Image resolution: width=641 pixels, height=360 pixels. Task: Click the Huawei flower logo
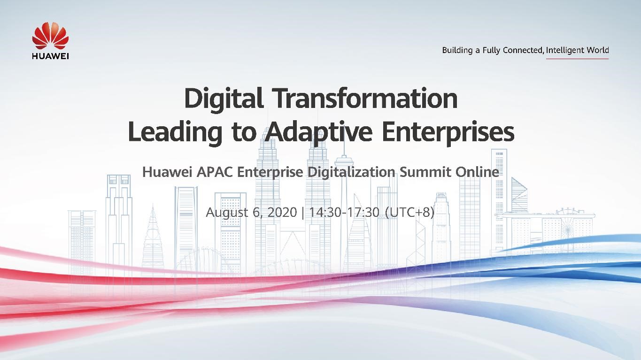pos(50,37)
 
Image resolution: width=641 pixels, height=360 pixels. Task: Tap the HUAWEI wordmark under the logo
pos(50,56)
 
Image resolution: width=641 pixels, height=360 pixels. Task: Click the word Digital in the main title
pos(223,99)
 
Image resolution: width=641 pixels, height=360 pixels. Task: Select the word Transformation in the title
pos(365,99)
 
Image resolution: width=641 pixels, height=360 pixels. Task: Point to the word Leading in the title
pos(175,132)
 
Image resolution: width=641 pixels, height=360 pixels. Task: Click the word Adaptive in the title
pos(318,132)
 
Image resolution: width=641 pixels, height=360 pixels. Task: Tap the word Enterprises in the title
pos(448,132)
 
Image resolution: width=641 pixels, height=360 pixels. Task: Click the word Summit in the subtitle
pos(426,172)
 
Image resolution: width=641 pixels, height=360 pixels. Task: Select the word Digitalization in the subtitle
pos(351,172)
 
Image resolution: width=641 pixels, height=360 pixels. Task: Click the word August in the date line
pos(227,213)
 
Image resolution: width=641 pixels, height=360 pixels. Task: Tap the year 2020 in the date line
pos(282,213)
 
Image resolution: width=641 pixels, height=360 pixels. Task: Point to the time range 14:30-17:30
pos(344,213)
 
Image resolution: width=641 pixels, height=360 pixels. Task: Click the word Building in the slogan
pos(457,50)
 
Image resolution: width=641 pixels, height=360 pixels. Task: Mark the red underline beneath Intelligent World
pos(577,59)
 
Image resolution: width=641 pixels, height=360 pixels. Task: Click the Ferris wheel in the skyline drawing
pos(569,223)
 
